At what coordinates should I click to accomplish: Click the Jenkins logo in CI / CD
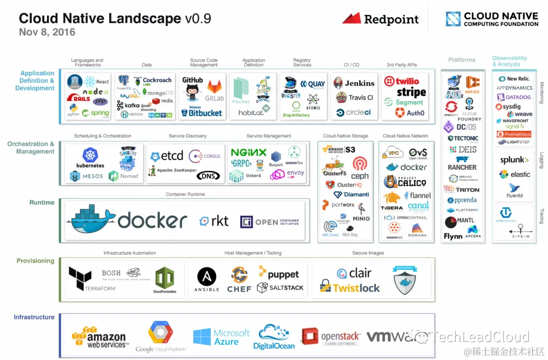tap(354, 83)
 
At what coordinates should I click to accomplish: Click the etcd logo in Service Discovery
tap(167, 156)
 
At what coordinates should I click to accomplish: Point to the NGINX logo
tap(248, 152)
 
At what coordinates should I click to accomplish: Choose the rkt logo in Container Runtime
tap(214, 221)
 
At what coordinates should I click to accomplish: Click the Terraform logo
tap(81, 278)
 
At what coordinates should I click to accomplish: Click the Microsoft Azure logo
tap(221, 337)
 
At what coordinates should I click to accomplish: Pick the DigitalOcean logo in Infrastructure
tap(274, 338)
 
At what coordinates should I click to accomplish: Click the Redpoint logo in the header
tap(381, 19)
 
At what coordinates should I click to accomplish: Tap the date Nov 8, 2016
tap(47, 32)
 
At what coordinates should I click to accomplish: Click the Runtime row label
tap(42, 202)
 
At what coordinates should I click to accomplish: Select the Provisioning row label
tap(35, 261)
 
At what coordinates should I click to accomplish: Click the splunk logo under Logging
tap(515, 160)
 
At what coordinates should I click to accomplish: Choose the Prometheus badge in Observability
tap(514, 134)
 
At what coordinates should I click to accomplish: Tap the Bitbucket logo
tap(202, 113)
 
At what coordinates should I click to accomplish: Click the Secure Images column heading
tap(368, 253)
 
